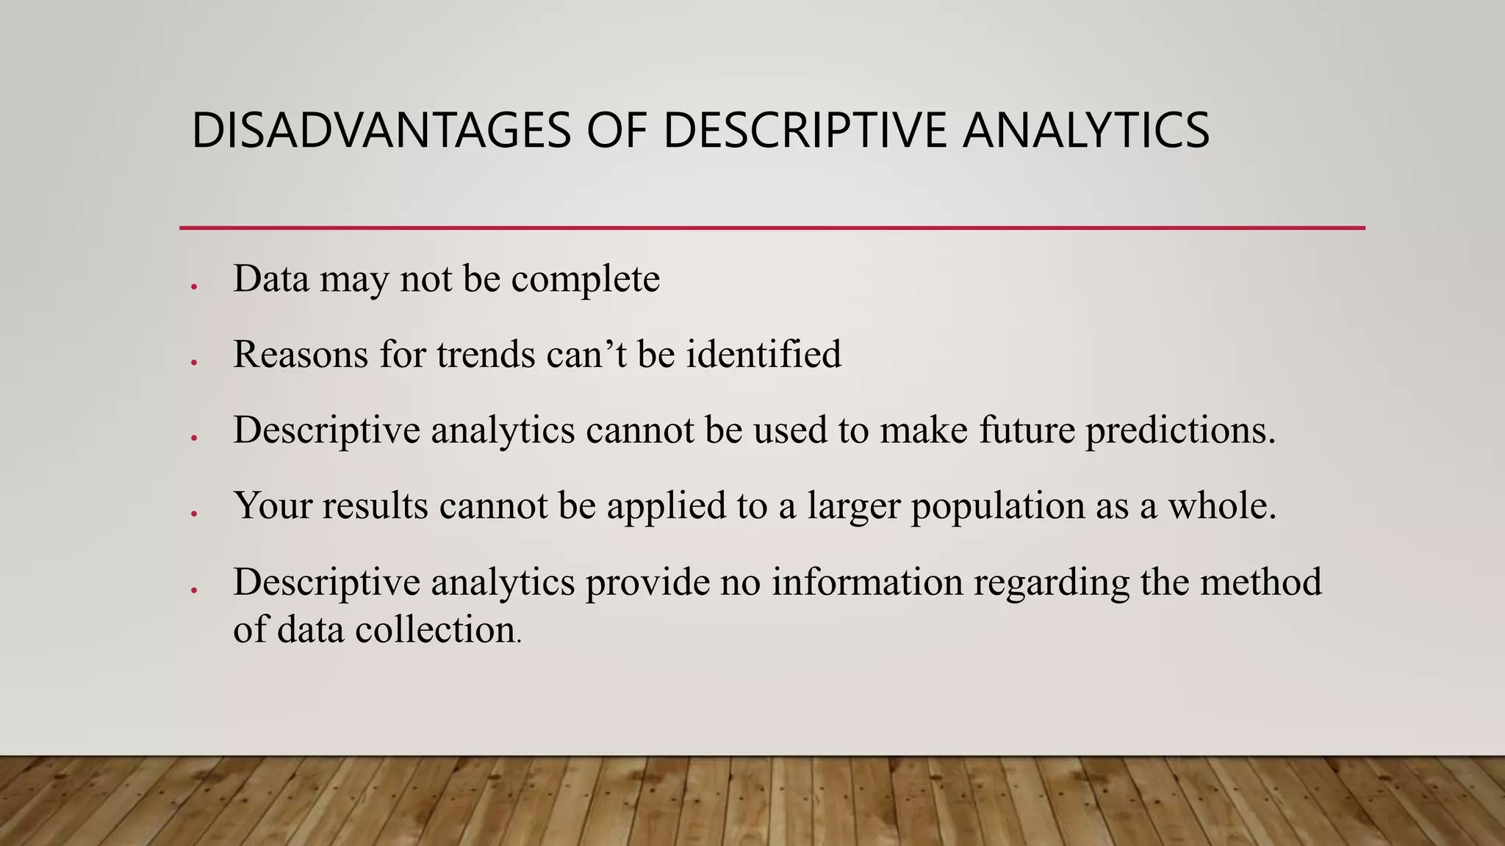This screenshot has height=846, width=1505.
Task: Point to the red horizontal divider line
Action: (772, 228)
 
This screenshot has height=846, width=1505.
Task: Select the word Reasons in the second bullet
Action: (301, 355)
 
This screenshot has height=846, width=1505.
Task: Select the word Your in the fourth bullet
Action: (272, 506)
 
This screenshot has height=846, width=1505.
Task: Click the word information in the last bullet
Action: (867, 582)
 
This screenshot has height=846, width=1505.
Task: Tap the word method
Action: (1260, 582)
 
